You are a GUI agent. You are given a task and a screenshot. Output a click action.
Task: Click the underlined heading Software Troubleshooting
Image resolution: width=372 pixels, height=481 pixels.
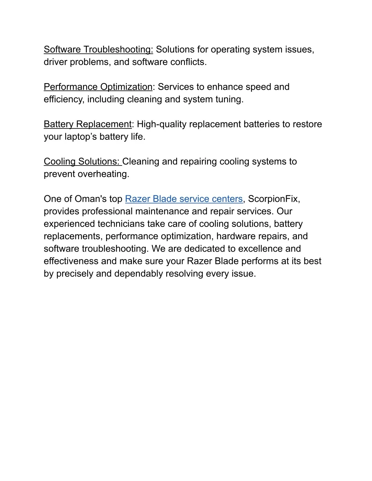[x=98, y=49]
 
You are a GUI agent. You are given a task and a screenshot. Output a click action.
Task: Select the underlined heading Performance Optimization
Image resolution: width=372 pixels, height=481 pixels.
[x=98, y=87]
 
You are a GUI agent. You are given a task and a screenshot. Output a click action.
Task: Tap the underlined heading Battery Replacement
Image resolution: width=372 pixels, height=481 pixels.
[x=88, y=124]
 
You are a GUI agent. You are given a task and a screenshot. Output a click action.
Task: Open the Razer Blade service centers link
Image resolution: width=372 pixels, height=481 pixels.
[x=183, y=199]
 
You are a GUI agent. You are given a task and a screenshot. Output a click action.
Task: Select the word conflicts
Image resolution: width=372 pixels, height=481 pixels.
[x=188, y=62]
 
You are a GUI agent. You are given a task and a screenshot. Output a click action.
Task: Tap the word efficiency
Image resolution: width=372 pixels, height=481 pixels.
[x=63, y=99]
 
